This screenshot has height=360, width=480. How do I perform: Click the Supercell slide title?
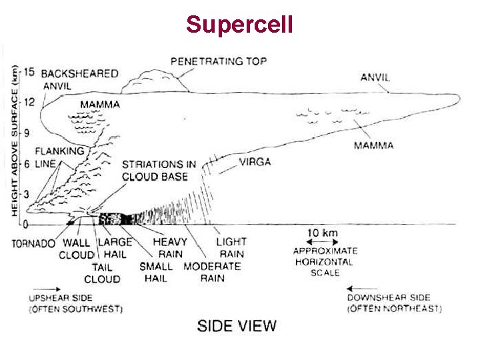(239, 25)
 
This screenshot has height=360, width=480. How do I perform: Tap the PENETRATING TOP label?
(219, 61)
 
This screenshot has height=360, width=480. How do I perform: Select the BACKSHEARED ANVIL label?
(79, 79)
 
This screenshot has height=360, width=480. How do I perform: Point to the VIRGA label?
(255, 161)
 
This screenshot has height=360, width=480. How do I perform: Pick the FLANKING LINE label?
(60, 157)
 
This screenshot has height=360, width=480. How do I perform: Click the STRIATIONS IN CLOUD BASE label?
(159, 170)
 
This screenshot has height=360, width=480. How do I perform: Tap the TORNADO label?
(33, 243)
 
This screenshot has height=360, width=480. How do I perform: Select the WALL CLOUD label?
(77, 249)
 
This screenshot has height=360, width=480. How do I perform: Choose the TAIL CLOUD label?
(102, 273)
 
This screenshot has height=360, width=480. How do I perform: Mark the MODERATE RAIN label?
(212, 272)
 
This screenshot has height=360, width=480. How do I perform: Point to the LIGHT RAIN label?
(231, 247)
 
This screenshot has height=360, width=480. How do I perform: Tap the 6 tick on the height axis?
(29, 164)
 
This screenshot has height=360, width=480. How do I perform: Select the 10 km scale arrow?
(322, 242)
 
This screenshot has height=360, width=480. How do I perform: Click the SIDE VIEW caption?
(237, 325)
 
